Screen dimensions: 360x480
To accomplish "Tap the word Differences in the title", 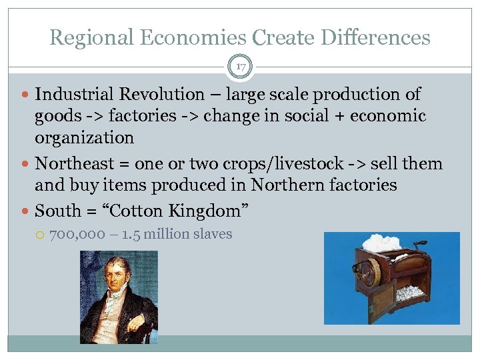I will tap(377, 37).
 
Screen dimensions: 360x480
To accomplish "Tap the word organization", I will tap(84, 138).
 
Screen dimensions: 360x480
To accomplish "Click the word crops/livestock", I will tap(287, 163).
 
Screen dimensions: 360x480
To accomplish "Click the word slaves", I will tap(210, 234).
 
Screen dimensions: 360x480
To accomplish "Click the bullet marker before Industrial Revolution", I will tap(25, 95).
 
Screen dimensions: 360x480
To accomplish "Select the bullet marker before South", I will tap(25, 211).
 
